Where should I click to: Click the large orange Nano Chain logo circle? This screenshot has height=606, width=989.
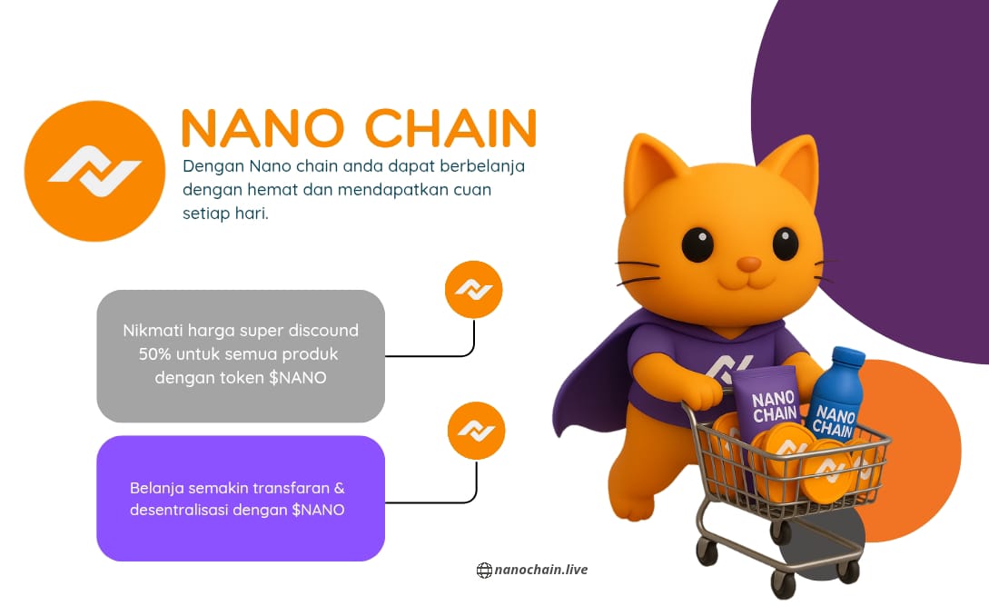click(94, 171)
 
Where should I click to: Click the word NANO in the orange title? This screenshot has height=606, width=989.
click(262, 128)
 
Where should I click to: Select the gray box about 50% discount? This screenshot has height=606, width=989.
click(241, 356)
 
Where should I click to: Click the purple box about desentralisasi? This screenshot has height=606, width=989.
click(241, 498)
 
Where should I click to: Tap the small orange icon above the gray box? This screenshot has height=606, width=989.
click(474, 290)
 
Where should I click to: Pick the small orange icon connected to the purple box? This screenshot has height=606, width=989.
click(476, 431)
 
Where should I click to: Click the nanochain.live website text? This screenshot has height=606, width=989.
click(541, 570)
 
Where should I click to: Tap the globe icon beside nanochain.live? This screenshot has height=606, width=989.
click(484, 571)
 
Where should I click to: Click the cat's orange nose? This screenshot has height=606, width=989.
click(748, 263)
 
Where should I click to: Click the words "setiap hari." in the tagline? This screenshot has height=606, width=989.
click(225, 214)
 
